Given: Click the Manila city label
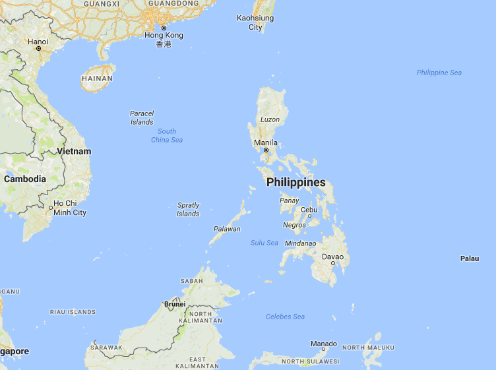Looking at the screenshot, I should point(266,142).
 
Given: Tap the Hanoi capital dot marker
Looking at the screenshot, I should point(39,49).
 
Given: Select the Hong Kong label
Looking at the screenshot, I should point(164,35).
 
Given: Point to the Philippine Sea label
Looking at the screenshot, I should point(439,73).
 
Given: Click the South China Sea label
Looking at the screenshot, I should point(167,136).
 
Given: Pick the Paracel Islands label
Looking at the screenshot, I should point(142,117).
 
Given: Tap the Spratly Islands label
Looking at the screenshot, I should point(188,210).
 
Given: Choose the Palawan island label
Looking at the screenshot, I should point(227,229).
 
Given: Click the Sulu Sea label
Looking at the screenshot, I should point(264,243).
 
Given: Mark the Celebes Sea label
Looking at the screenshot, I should point(285,317).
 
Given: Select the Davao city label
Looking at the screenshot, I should point(332,257).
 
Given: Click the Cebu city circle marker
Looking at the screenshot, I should point(309,216).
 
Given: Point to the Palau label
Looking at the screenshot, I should point(470,259).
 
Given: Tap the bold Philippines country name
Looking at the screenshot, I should point(296,182).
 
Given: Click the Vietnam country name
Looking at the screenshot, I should point(74,151).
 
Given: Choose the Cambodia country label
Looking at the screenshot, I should point(25,179).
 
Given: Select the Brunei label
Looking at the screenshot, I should point(174,305).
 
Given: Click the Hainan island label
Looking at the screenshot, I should point(97,78).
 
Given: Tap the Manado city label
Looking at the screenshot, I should point(324,344).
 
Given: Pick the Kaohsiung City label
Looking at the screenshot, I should point(255,22).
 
